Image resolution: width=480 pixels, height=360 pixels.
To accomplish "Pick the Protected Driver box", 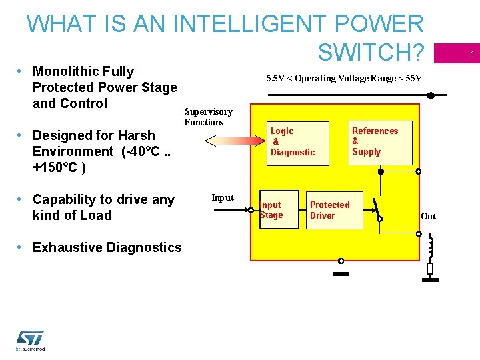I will pos(333,210).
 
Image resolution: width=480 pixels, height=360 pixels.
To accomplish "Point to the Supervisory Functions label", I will pos(208,117).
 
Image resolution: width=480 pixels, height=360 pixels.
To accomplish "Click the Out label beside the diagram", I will pos(428,216).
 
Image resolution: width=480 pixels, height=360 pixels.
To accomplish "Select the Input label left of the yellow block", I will pos(222,197).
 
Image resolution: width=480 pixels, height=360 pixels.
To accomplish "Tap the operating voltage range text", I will pos(343,78).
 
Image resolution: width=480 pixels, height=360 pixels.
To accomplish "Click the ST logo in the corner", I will pos(30,339).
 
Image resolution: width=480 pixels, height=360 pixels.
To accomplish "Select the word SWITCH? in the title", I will pos(371,51).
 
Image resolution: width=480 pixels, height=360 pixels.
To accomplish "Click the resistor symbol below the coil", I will pos(430,269).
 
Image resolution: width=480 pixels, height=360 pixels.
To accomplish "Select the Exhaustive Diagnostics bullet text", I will pos(107,247).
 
